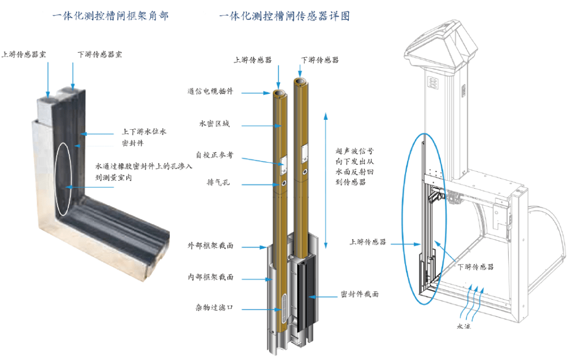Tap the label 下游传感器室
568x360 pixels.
pyautogui.click(x=100, y=54)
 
